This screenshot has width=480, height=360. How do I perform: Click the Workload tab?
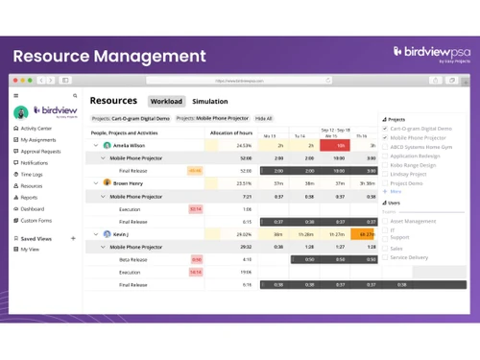(166, 101)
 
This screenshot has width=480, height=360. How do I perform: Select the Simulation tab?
(210, 101)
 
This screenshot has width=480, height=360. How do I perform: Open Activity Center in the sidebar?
(36, 128)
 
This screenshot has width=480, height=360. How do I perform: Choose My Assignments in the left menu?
(37, 139)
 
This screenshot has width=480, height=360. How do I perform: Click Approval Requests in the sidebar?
(39, 151)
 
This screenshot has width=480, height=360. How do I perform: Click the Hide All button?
(263, 118)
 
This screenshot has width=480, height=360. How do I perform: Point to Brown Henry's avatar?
(108, 182)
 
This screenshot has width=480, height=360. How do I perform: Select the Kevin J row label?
(121, 233)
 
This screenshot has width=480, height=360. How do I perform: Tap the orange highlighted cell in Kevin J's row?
(365, 233)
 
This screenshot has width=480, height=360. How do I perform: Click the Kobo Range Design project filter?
(413, 164)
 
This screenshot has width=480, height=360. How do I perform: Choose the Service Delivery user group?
(409, 256)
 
